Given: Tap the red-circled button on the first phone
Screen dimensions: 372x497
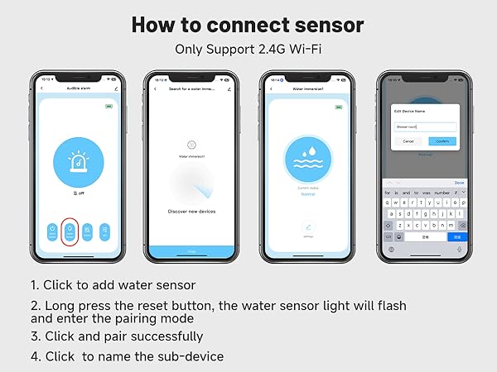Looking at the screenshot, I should (x=70, y=234).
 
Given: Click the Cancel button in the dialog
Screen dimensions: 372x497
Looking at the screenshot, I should (x=408, y=141).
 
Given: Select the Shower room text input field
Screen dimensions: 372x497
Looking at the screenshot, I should (x=424, y=127).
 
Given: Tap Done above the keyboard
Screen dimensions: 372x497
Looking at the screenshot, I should (x=459, y=183).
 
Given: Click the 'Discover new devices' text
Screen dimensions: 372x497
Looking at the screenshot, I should (x=191, y=211).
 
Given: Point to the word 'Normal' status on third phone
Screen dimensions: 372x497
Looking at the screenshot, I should (x=307, y=194).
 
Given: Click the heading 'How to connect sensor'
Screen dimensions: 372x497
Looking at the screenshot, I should (x=248, y=25).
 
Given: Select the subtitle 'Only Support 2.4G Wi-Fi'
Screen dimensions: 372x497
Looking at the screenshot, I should (x=248, y=49).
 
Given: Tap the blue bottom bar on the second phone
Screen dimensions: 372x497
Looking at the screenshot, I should (x=191, y=251).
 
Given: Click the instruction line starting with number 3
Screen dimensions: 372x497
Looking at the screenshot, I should (x=117, y=336).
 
